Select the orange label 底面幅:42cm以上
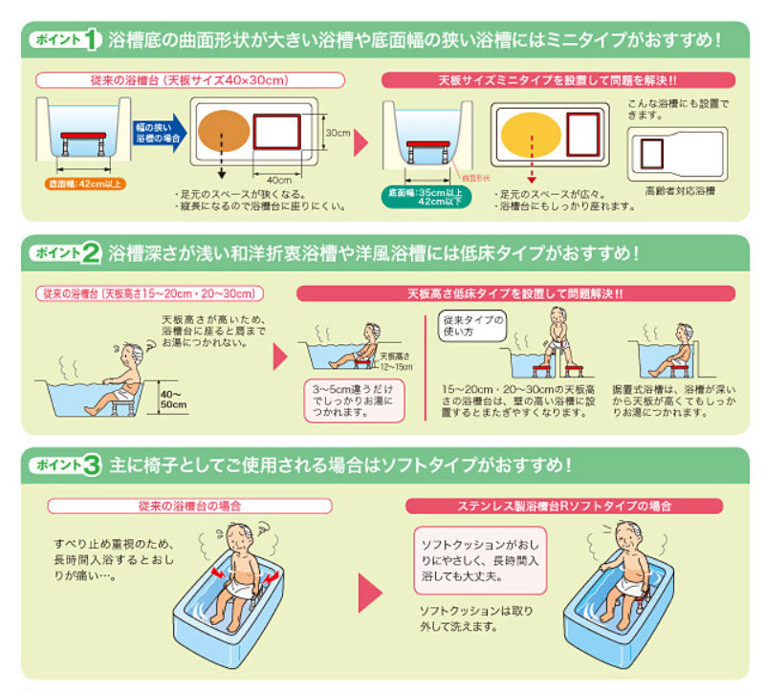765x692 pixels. (82, 182)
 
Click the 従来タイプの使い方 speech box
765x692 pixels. (470, 327)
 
